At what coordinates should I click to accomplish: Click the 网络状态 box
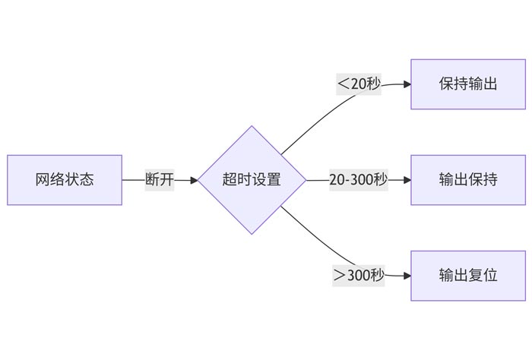(x=65, y=180)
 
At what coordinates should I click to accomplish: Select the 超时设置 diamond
(x=252, y=180)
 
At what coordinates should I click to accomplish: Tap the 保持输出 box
(x=467, y=84)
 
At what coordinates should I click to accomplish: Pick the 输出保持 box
(x=467, y=180)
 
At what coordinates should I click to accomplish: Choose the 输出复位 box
(x=467, y=275)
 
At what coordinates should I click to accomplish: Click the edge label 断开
(x=160, y=180)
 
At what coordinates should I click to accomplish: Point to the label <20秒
(x=359, y=84)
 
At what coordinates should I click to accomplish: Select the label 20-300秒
(x=358, y=180)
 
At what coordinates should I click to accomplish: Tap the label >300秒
(x=359, y=275)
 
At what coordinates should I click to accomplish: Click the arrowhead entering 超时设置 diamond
(x=194, y=180)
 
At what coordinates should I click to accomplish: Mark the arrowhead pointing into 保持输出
(x=407, y=84)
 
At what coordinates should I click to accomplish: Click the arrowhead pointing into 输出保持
(x=407, y=180)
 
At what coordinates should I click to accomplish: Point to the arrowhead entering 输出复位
(x=407, y=275)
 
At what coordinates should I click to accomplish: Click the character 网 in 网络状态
(x=43, y=180)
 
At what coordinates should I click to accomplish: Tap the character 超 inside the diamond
(x=230, y=180)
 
